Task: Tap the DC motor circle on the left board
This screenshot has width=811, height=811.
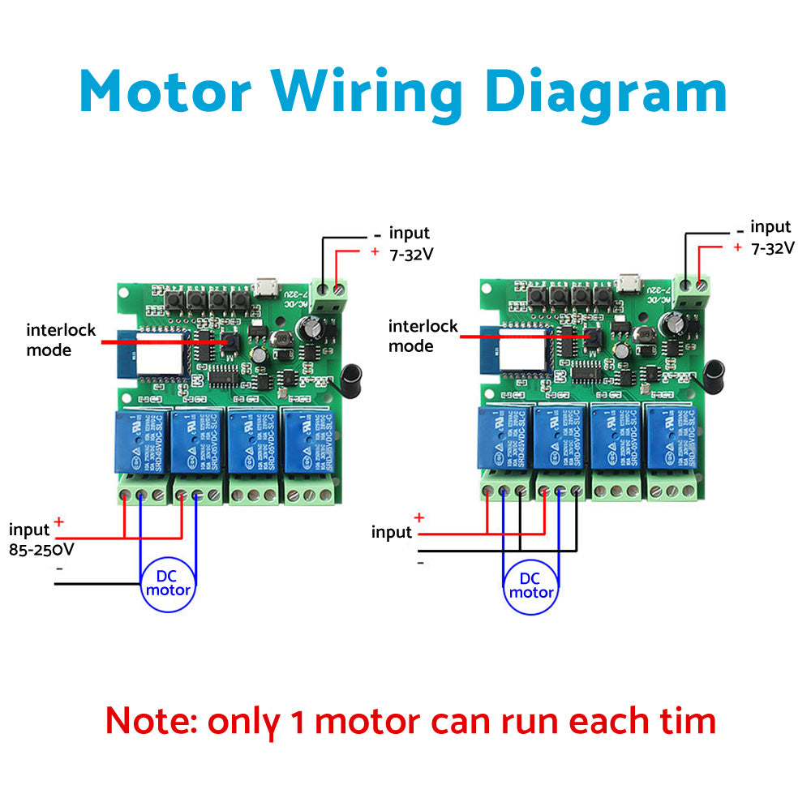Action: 168,582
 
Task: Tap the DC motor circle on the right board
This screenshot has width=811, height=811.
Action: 530,586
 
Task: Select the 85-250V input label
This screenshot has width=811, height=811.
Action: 41,549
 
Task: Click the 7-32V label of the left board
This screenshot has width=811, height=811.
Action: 411,254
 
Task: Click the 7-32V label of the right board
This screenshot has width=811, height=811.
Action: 772,248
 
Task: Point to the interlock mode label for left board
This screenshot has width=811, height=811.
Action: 61,340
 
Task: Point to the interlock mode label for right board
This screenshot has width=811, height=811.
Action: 423,336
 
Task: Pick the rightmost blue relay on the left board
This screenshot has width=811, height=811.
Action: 307,443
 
